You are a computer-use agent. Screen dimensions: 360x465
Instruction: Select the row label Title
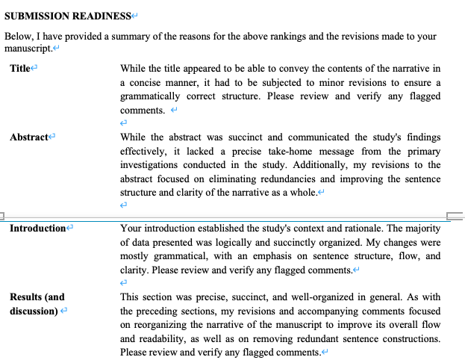(x=19, y=69)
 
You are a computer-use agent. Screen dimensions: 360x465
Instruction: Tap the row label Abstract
(x=28, y=137)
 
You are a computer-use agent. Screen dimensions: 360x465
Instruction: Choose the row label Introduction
(x=38, y=229)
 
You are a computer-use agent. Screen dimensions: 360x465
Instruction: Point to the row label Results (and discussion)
(x=37, y=304)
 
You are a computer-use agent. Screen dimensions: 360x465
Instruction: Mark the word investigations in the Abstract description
(x=152, y=165)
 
